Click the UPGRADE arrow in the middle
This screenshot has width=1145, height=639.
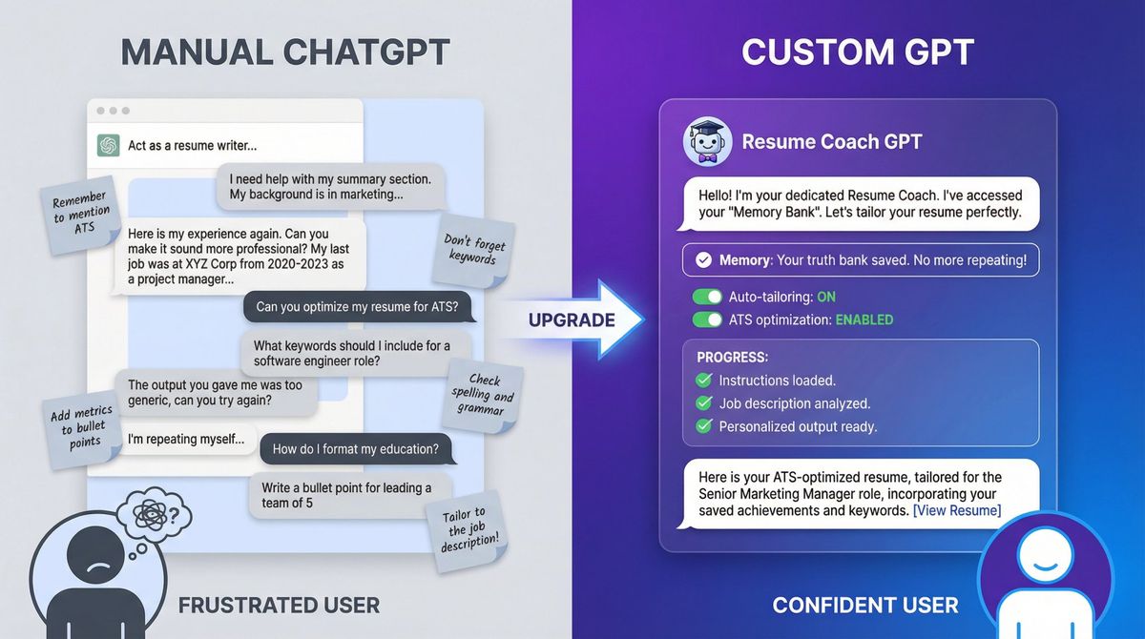pos(572,319)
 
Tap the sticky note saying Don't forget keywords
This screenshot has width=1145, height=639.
pos(474,250)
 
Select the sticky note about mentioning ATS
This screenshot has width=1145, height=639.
pos(80,216)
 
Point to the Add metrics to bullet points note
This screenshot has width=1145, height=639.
pos(82,425)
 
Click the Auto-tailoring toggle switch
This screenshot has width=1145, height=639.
pos(707,297)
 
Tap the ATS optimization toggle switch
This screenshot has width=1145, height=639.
pos(707,319)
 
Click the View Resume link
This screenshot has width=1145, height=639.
pos(957,510)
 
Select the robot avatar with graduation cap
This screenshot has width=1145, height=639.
pos(707,142)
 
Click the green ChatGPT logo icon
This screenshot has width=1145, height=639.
pos(108,145)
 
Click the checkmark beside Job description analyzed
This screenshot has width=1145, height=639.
pos(704,403)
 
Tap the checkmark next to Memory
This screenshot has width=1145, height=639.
pos(703,259)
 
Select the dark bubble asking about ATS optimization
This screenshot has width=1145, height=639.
pos(358,306)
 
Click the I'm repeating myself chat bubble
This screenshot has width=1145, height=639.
pos(186,440)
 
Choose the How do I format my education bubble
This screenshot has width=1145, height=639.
pos(355,448)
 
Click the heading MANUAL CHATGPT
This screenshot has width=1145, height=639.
pos(285,52)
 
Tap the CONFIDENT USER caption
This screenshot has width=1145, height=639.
pos(864,605)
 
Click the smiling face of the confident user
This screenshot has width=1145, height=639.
pos(1046,557)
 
